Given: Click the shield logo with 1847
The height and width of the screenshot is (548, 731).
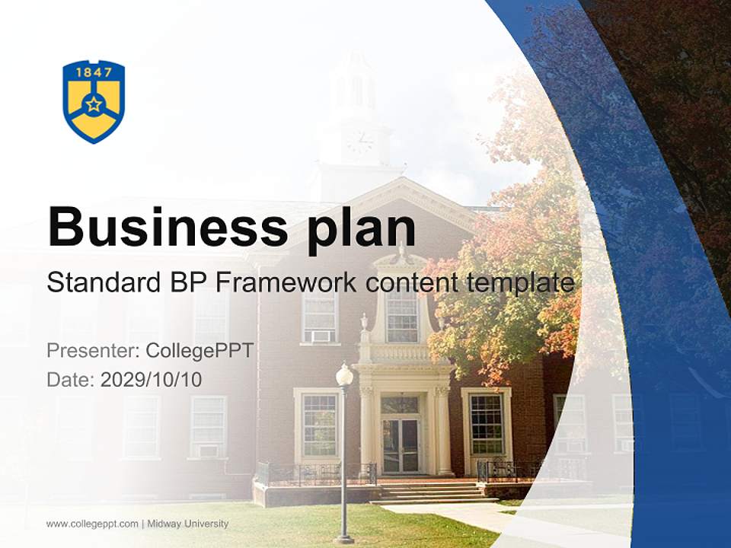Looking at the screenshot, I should point(94,101).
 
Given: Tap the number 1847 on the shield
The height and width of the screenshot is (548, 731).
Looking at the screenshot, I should point(94,72).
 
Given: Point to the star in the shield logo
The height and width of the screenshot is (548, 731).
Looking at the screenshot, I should point(94,104).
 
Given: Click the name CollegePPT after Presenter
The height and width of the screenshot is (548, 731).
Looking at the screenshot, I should point(200,351).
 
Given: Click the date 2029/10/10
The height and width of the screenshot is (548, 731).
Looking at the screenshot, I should point(152,380).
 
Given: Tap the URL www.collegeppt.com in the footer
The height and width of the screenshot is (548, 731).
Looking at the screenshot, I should point(92,524).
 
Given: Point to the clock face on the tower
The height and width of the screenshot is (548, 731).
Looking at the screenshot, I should point(359,142).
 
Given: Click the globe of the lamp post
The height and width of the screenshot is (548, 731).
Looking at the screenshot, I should point(344,375).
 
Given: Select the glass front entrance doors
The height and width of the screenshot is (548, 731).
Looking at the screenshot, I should point(401,445).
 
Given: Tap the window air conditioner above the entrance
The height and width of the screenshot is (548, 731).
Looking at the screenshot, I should point(321,336).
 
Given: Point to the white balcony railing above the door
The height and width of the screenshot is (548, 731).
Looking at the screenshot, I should point(401,353).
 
